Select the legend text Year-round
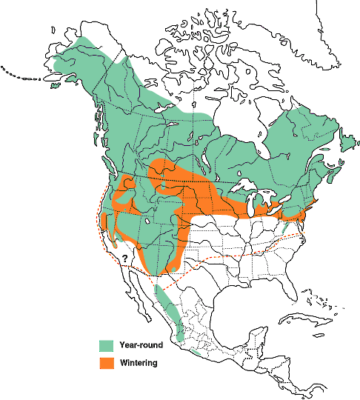(x=141, y=345)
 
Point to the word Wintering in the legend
(x=138, y=363)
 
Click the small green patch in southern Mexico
(x=193, y=351)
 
